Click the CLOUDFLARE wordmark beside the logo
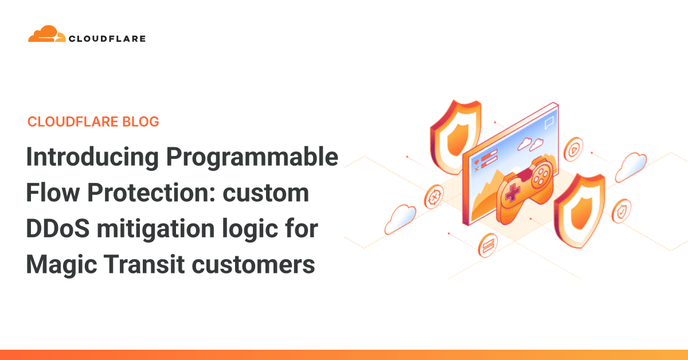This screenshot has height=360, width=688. point(107,39)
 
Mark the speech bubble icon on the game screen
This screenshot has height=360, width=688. point(549,122)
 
